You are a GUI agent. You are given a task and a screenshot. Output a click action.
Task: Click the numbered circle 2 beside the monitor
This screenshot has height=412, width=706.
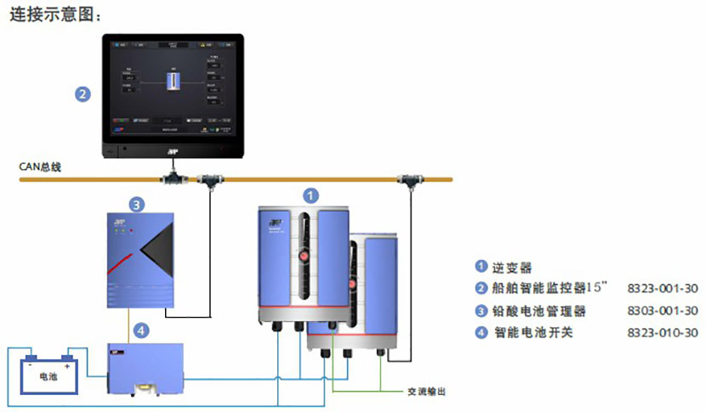pyautogui.click(x=82, y=94)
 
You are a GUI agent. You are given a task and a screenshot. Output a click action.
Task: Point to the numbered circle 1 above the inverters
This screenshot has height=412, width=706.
pyautogui.click(x=312, y=195)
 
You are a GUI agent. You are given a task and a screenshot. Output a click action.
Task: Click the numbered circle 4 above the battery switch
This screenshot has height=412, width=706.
pyautogui.click(x=142, y=329)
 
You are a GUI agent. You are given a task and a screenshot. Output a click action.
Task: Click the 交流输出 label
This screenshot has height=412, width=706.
pyautogui.click(x=424, y=392)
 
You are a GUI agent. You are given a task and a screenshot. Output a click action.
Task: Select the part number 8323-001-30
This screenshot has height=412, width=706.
pyautogui.click(x=662, y=288)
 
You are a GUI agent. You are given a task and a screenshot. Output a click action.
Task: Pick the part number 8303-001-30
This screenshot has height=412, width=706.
pyautogui.click(x=662, y=310)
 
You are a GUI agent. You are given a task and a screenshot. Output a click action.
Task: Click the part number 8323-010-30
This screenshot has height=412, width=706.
pyautogui.click(x=662, y=332)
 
